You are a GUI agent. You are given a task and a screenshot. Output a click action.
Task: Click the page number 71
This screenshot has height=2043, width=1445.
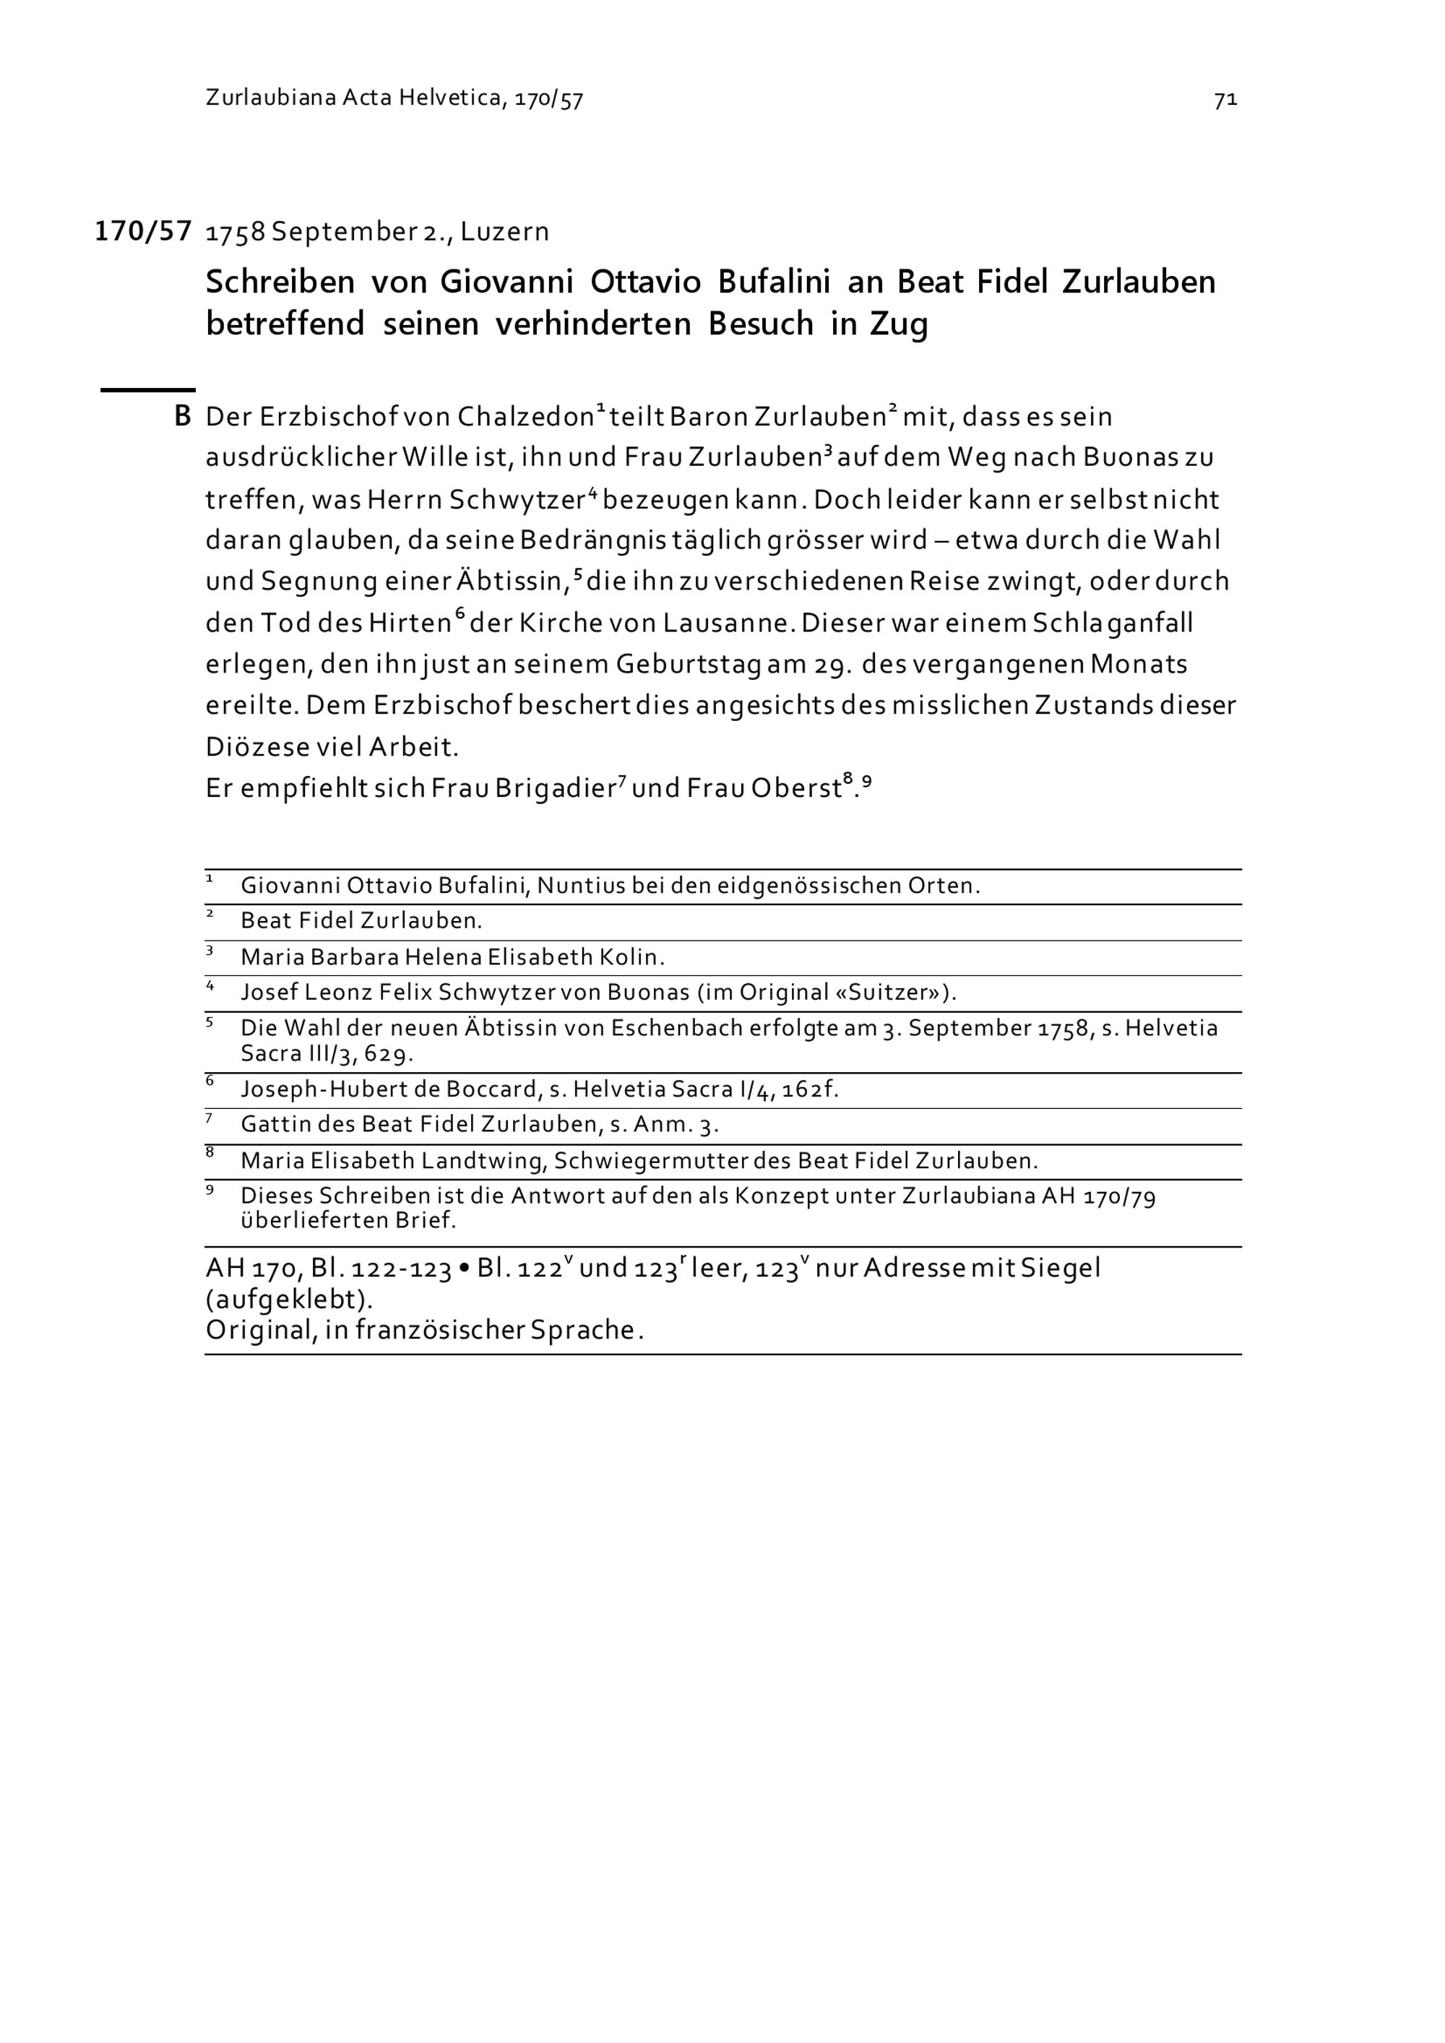[1225, 100]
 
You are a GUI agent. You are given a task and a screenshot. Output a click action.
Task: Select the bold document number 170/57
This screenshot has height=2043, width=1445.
[143, 231]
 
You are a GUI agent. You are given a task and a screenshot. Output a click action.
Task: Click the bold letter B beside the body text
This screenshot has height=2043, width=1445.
[182, 416]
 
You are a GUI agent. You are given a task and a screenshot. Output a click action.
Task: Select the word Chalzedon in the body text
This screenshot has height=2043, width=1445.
[525, 416]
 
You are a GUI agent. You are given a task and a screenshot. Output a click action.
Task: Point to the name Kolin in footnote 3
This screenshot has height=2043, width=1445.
[631, 957]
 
